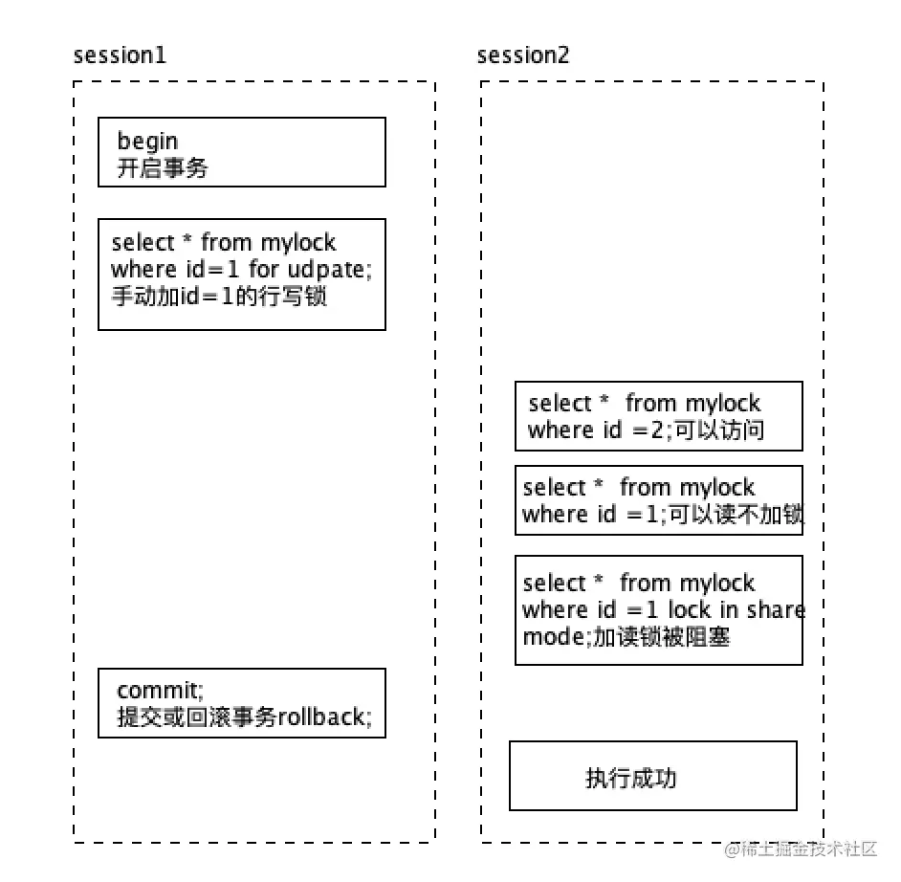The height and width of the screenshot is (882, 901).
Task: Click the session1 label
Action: pos(120,55)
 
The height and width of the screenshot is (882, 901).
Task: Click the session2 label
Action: pos(523,55)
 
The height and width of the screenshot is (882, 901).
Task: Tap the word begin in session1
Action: pos(147,143)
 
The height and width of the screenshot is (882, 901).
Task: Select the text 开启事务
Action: pos(163,169)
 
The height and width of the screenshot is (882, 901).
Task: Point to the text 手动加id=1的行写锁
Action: pos(219,297)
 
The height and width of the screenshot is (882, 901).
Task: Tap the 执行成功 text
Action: pos(630,778)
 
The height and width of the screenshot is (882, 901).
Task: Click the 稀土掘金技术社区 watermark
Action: pos(805,849)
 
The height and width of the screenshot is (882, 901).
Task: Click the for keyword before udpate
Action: pos(263,270)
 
